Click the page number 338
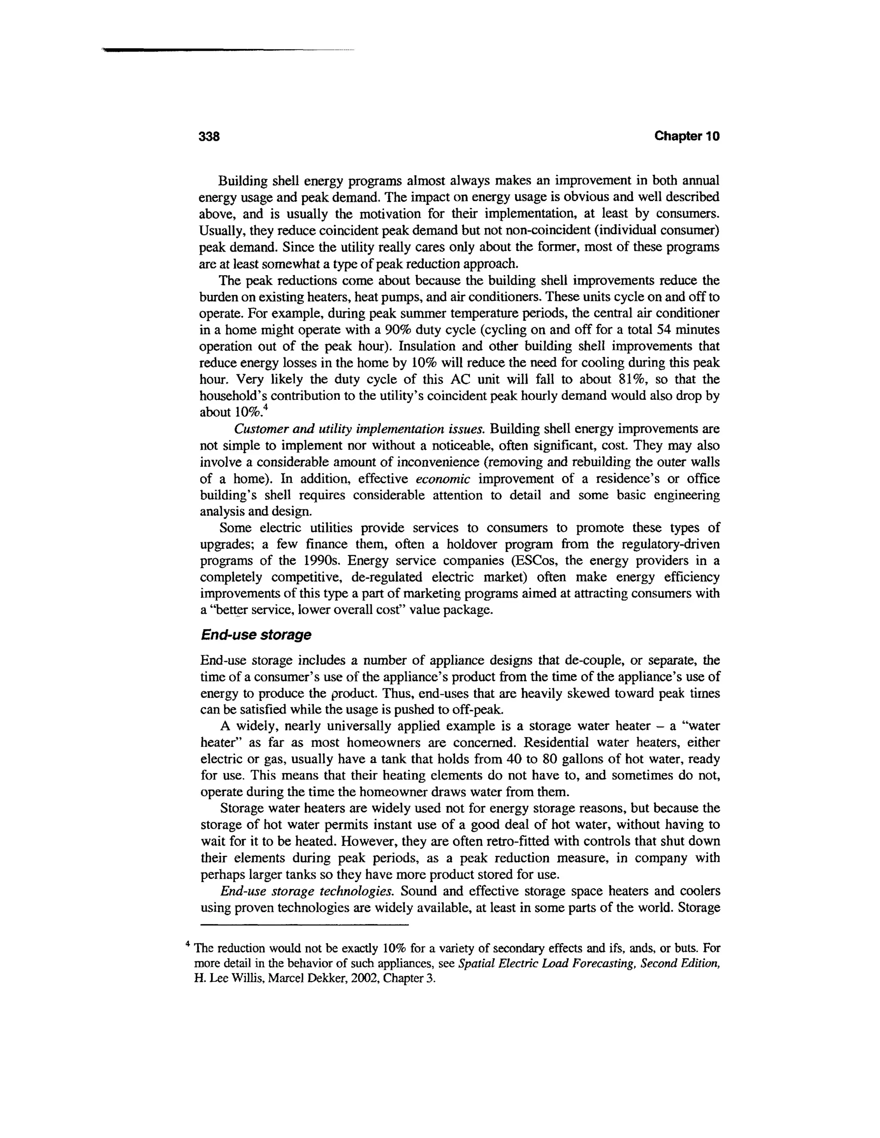(210, 137)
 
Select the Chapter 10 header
(687, 137)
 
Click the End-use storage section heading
(256, 635)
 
